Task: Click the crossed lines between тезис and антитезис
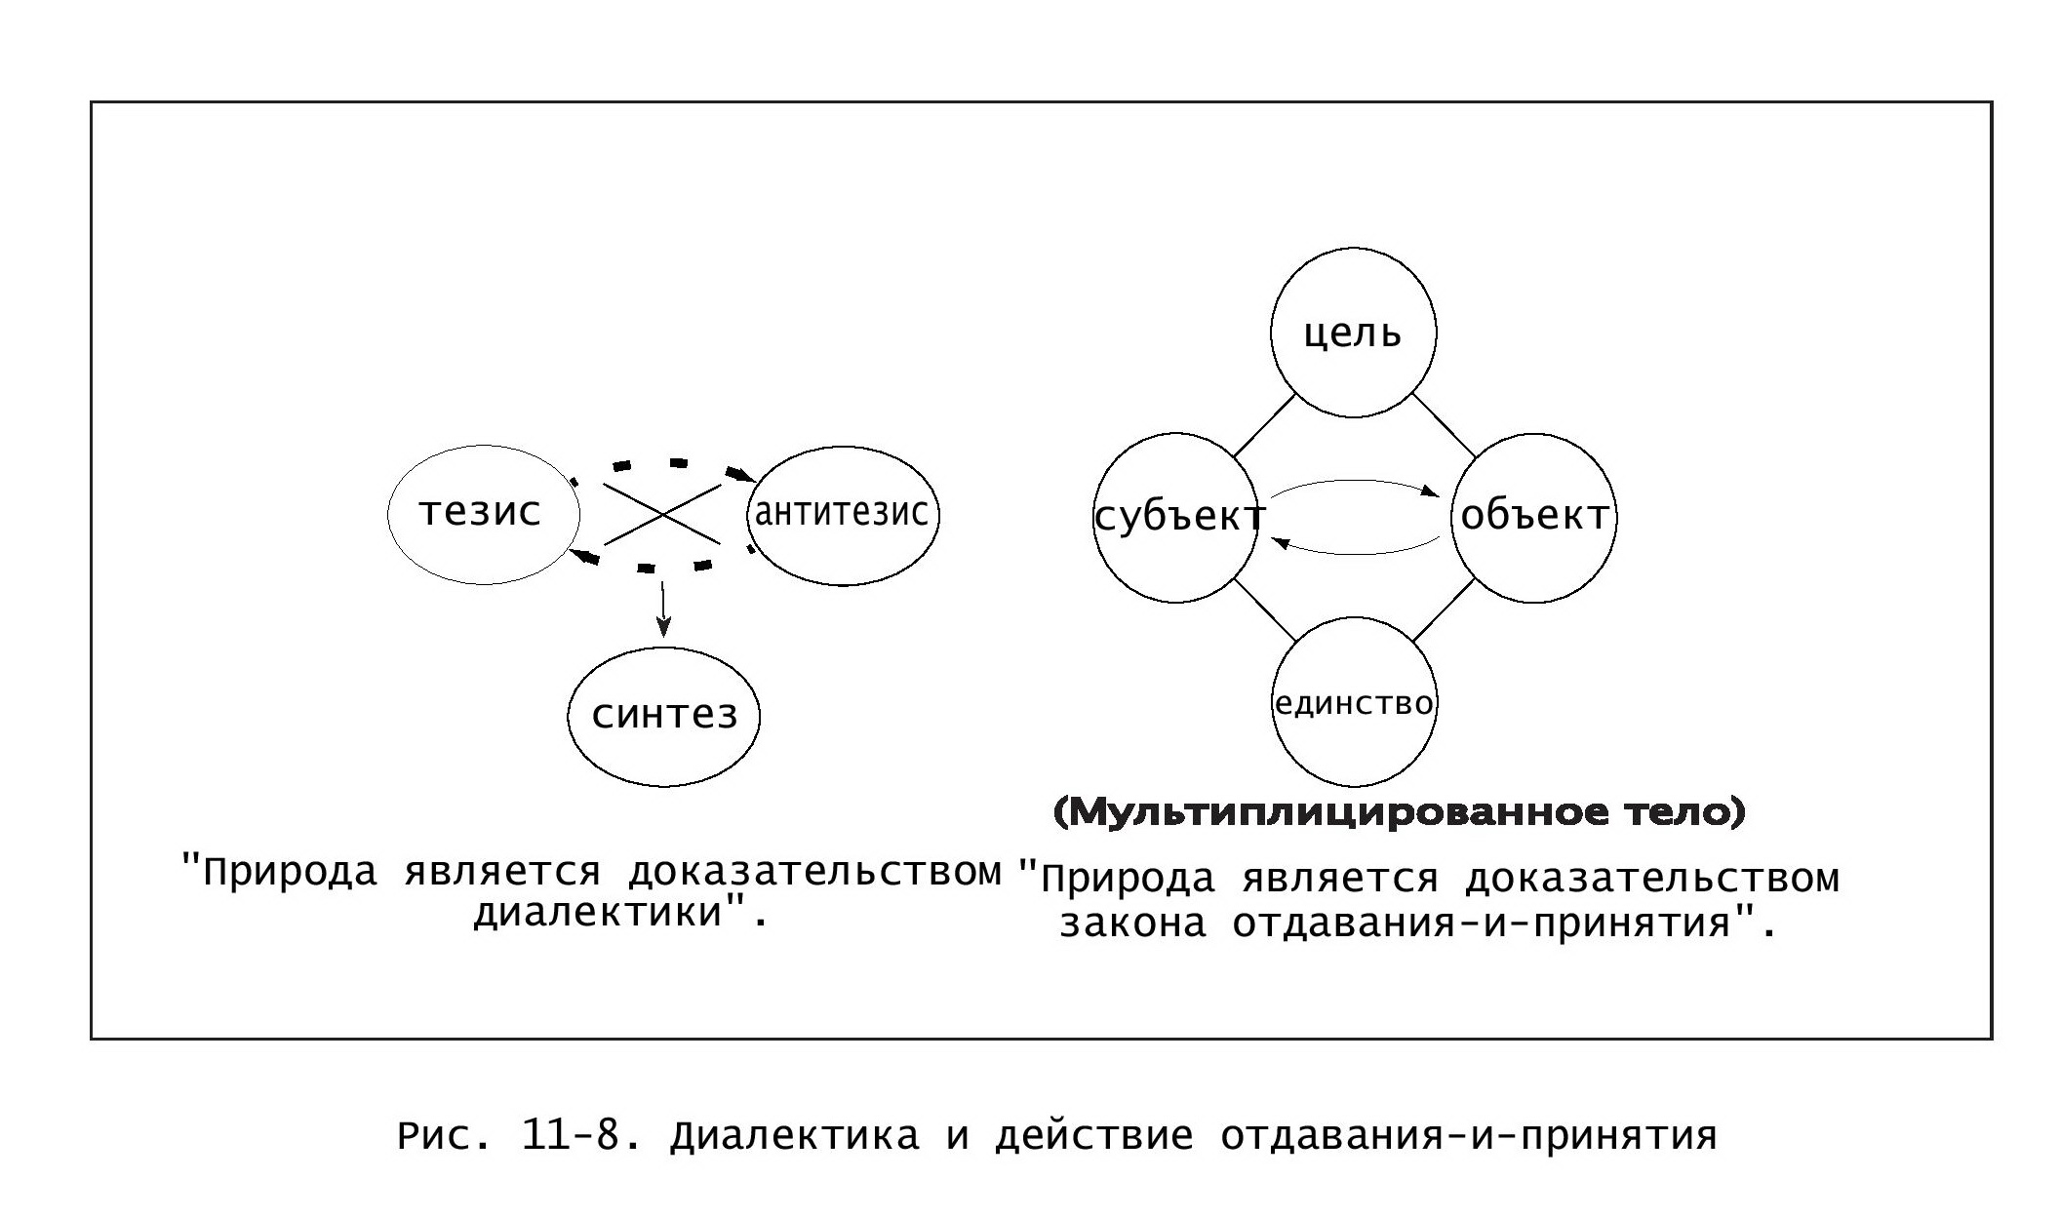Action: click(x=662, y=514)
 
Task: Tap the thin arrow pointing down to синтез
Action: click(x=663, y=609)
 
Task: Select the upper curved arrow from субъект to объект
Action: click(x=1356, y=481)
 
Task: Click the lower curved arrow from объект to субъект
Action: click(x=1356, y=553)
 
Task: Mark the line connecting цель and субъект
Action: click(x=1264, y=425)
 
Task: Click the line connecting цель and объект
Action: click(x=1445, y=425)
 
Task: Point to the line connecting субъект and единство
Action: click(x=1265, y=610)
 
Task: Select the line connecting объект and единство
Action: click(x=1444, y=610)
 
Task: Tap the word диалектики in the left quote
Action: click(x=599, y=914)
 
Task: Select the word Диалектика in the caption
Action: click(x=795, y=1137)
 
